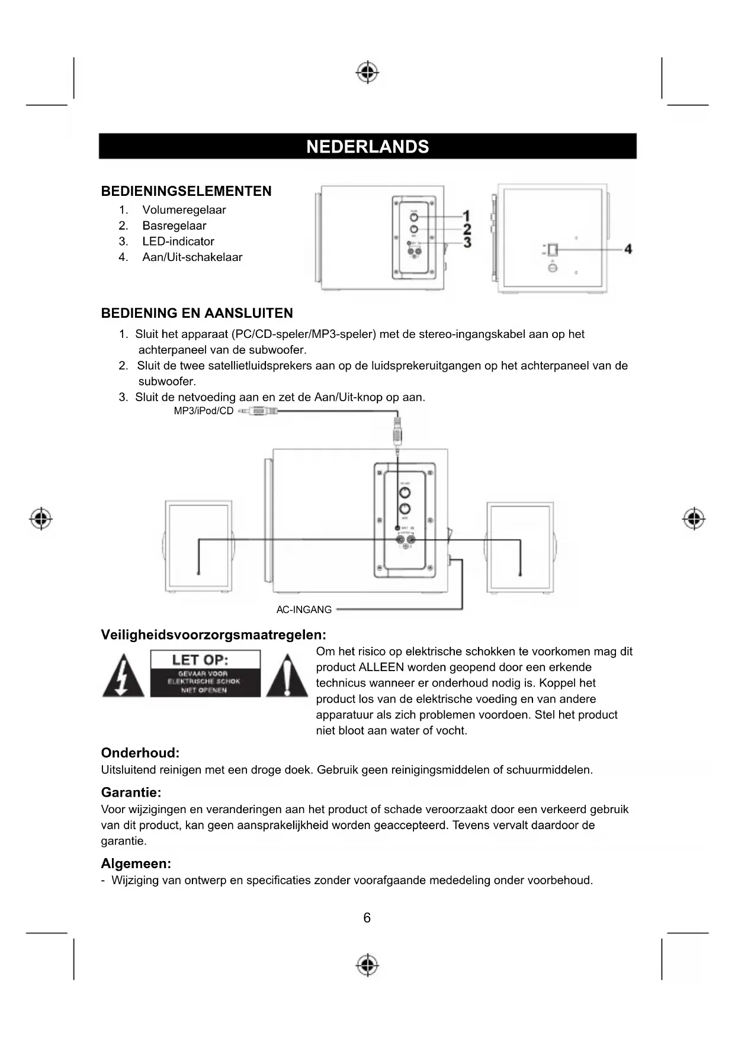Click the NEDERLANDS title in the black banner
pos(367,147)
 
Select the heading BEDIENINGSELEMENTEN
pos(186,191)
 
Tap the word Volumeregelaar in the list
pos(184,210)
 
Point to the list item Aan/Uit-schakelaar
pos(192,257)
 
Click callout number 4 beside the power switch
pos(628,249)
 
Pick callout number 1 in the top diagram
pos(467,217)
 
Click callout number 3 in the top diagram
pos(467,243)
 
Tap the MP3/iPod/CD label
pos(204,411)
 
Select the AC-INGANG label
pos(304,610)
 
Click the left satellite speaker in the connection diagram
pos(198,546)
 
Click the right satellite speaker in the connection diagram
pos(521,546)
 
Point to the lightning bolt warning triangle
pos(123,676)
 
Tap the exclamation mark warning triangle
pos(287,676)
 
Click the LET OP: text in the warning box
pos(200,660)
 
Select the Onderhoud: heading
pos(140,753)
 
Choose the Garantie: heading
pos(131,792)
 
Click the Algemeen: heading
pos(136,863)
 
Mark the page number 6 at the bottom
pos(367,918)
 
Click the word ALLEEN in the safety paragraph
pos(381,668)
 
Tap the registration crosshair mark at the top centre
pos(367,72)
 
